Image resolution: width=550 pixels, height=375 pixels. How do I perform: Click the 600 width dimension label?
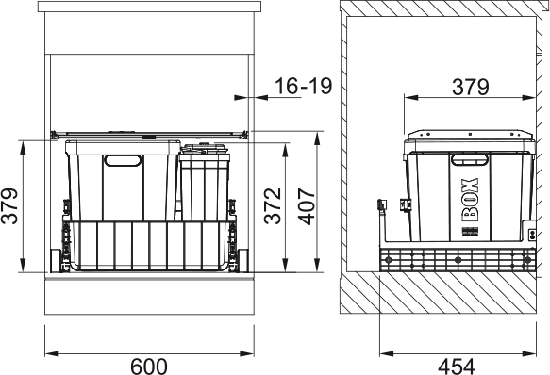[x=149, y=367]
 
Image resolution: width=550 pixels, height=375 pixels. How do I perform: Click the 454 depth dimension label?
[x=456, y=367]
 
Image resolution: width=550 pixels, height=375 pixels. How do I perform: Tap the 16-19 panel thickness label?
[x=303, y=86]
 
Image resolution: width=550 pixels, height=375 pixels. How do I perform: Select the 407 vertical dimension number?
[x=307, y=206]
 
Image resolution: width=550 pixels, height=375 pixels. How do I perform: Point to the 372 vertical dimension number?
[x=273, y=206]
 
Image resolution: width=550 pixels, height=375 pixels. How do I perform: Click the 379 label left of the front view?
[x=9, y=206]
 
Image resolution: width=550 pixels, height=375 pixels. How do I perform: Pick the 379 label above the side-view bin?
[x=471, y=87]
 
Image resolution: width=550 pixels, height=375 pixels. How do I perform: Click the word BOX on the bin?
[x=470, y=200]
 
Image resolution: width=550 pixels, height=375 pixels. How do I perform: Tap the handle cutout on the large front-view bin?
[x=123, y=160]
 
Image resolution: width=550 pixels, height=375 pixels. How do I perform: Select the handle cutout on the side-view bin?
[x=470, y=159]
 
